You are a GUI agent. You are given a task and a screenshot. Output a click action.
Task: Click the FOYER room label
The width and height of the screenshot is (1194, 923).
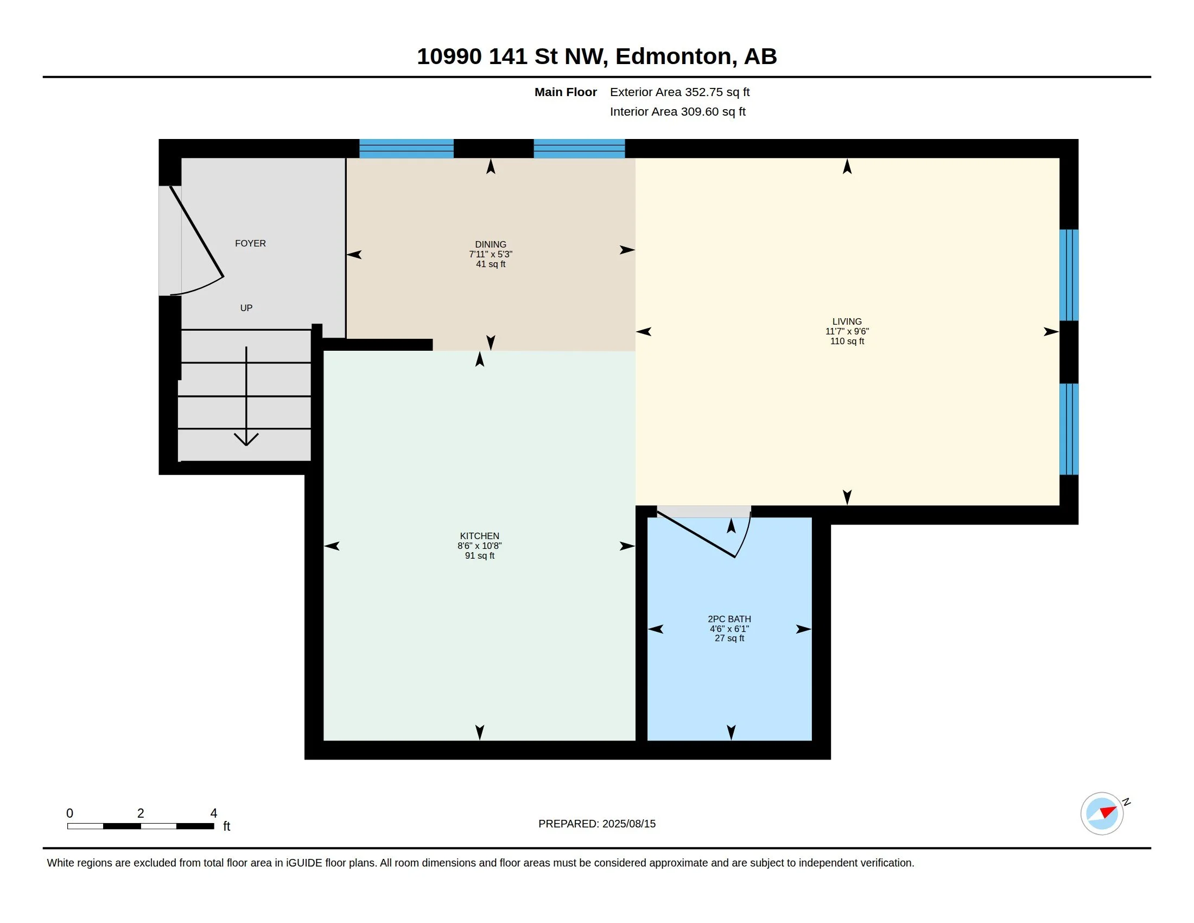pyautogui.click(x=250, y=243)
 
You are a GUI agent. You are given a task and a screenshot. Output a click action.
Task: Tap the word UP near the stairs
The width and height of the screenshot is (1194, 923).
pyautogui.click(x=246, y=308)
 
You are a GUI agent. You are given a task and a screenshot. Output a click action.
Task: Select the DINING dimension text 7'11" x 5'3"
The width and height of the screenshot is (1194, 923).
pyautogui.click(x=491, y=254)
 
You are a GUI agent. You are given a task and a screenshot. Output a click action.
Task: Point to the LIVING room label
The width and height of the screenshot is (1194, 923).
pyautogui.click(x=847, y=321)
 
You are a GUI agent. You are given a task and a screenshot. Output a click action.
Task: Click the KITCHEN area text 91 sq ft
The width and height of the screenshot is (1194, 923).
pyautogui.click(x=479, y=555)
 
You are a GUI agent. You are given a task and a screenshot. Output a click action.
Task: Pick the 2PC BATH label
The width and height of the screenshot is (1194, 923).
pyautogui.click(x=729, y=619)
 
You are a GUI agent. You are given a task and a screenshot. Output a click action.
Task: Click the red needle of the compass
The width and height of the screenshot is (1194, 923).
pyautogui.click(x=1108, y=812)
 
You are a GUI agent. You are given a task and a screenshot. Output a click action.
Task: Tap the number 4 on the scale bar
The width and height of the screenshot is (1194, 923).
pyautogui.click(x=214, y=813)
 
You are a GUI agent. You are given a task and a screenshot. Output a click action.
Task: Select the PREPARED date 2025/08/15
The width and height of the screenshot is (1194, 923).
pyautogui.click(x=628, y=824)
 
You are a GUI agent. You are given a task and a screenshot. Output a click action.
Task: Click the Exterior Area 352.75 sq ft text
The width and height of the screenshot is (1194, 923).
pyautogui.click(x=679, y=92)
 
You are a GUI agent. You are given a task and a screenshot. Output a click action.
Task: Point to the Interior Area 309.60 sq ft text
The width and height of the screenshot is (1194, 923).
pyautogui.click(x=677, y=111)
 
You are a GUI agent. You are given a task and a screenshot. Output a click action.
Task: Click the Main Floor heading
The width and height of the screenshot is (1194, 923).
pyautogui.click(x=566, y=92)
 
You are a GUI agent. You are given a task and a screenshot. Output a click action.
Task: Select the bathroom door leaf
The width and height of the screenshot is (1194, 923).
pyautogui.click(x=696, y=535)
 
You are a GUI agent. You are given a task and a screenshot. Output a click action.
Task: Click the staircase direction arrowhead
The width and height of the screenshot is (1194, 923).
pyautogui.click(x=246, y=439)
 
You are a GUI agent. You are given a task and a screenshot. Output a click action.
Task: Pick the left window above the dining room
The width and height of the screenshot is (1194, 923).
pyautogui.click(x=406, y=149)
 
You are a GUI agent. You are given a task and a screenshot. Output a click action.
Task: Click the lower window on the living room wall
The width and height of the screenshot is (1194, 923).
pyautogui.click(x=1069, y=429)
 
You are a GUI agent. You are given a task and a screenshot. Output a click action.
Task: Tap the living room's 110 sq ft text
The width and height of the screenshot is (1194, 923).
pyautogui.click(x=847, y=341)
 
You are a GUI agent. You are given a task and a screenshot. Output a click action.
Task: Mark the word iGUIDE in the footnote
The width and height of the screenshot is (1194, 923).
pyautogui.click(x=303, y=863)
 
